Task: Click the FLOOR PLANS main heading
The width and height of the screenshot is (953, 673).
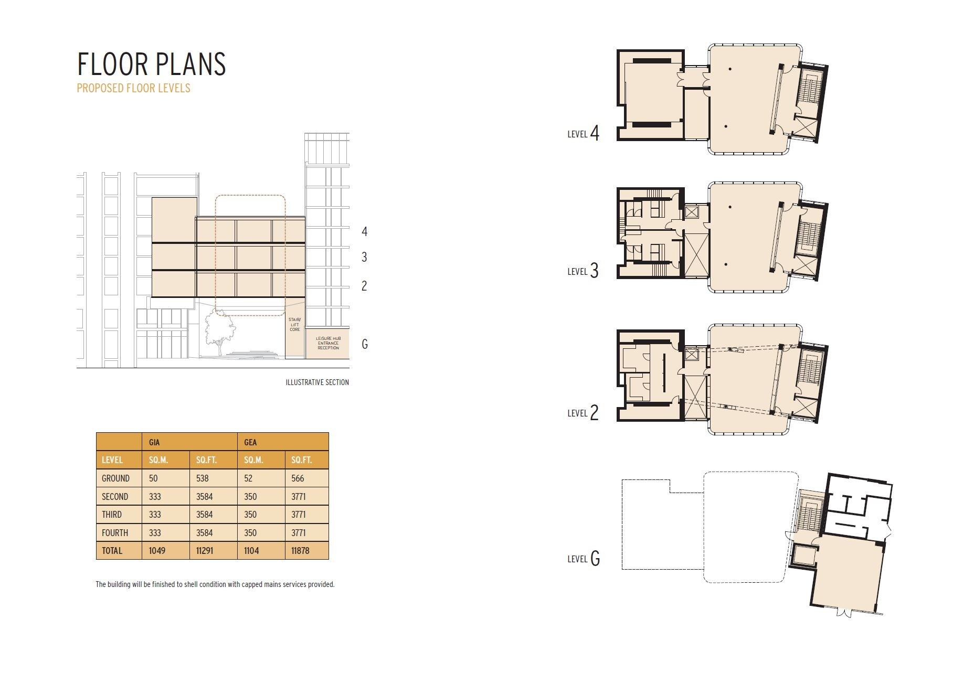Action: pyautogui.click(x=152, y=64)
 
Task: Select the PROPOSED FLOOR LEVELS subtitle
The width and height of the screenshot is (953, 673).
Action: pyautogui.click(x=133, y=88)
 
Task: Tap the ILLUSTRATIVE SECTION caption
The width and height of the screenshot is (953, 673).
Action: pyautogui.click(x=317, y=382)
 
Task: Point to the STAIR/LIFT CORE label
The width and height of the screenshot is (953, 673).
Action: pyautogui.click(x=294, y=324)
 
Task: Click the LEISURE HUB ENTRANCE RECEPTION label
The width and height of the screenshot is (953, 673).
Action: pyautogui.click(x=328, y=344)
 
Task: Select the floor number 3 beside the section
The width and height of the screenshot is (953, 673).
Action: pyautogui.click(x=364, y=257)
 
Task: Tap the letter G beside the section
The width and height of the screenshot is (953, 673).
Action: pyautogui.click(x=364, y=344)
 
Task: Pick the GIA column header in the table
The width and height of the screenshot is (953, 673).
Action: pyautogui.click(x=154, y=442)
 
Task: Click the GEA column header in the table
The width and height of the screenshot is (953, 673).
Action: pyautogui.click(x=250, y=442)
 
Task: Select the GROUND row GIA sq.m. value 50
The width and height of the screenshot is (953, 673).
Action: pyautogui.click(x=153, y=478)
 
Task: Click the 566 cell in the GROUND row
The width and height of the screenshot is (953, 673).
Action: pyautogui.click(x=298, y=478)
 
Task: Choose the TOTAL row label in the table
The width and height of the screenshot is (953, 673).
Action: pyautogui.click(x=112, y=551)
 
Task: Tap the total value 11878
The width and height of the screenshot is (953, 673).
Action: pyautogui.click(x=300, y=551)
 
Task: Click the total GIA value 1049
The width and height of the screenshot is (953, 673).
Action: pyautogui.click(x=157, y=551)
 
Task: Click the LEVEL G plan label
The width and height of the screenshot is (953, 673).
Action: pyautogui.click(x=583, y=559)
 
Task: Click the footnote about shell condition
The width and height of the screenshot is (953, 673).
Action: pyautogui.click(x=215, y=584)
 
